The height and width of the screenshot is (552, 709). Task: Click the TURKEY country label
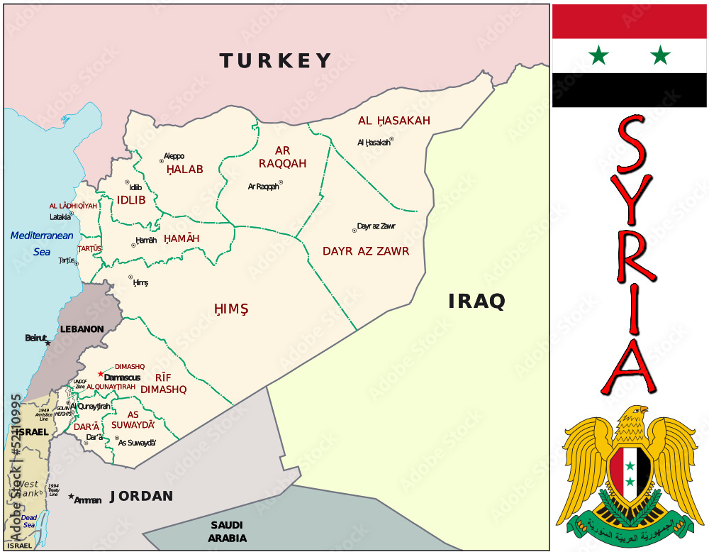(275, 61)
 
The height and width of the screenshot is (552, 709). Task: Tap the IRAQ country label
(476, 302)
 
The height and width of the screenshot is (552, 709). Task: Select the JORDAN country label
(142, 496)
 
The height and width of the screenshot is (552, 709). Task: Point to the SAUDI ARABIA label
(227, 531)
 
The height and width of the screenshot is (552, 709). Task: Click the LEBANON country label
(82, 329)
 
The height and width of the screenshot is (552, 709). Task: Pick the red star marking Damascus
(101, 374)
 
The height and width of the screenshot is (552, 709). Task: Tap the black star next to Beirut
(48, 343)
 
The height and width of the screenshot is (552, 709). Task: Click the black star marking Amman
(71, 497)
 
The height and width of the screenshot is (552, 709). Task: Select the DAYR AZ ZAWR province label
(366, 251)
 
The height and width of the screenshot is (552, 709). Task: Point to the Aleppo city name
(174, 156)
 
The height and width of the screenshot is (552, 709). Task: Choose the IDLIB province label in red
(131, 200)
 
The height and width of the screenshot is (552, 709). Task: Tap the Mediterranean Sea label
(42, 243)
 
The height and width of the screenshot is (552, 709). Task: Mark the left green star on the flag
(599, 55)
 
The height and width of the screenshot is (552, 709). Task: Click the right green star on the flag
(660, 55)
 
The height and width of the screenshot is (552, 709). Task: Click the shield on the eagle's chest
(630, 471)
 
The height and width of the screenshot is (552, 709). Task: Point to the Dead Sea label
(28, 521)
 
